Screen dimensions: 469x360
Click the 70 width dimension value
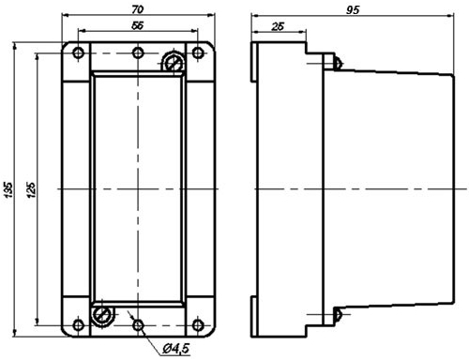(x=138, y=9)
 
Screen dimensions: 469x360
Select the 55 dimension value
(x=138, y=25)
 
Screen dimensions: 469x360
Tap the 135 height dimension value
(x=8, y=189)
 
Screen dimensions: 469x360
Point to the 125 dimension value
(x=31, y=189)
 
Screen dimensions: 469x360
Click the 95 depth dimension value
(x=353, y=10)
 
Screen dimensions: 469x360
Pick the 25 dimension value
(x=278, y=26)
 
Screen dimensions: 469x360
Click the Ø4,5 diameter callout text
(x=176, y=349)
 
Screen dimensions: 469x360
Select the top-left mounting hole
(x=78, y=52)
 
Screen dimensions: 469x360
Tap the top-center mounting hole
(x=138, y=52)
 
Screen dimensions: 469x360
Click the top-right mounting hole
(x=198, y=52)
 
